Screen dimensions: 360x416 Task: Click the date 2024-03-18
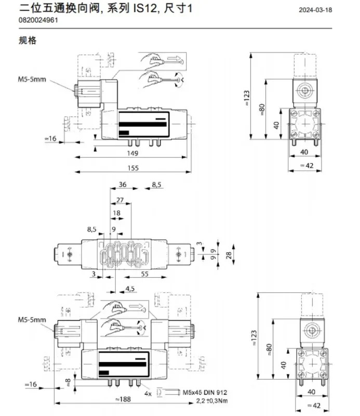[x=315, y=10]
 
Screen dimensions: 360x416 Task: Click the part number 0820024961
[x=38, y=20]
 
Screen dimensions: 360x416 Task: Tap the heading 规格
[x=28, y=41]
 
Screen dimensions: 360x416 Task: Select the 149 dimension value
[x=132, y=153]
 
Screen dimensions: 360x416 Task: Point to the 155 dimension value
[x=133, y=168]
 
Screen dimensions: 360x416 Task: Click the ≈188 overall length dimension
[x=123, y=399]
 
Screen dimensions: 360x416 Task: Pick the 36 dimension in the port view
[x=123, y=185]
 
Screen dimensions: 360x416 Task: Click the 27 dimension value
[x=120, y=200]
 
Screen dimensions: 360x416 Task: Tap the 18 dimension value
[x=116, y=213]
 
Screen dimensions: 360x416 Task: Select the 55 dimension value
[x=144, y=274]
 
